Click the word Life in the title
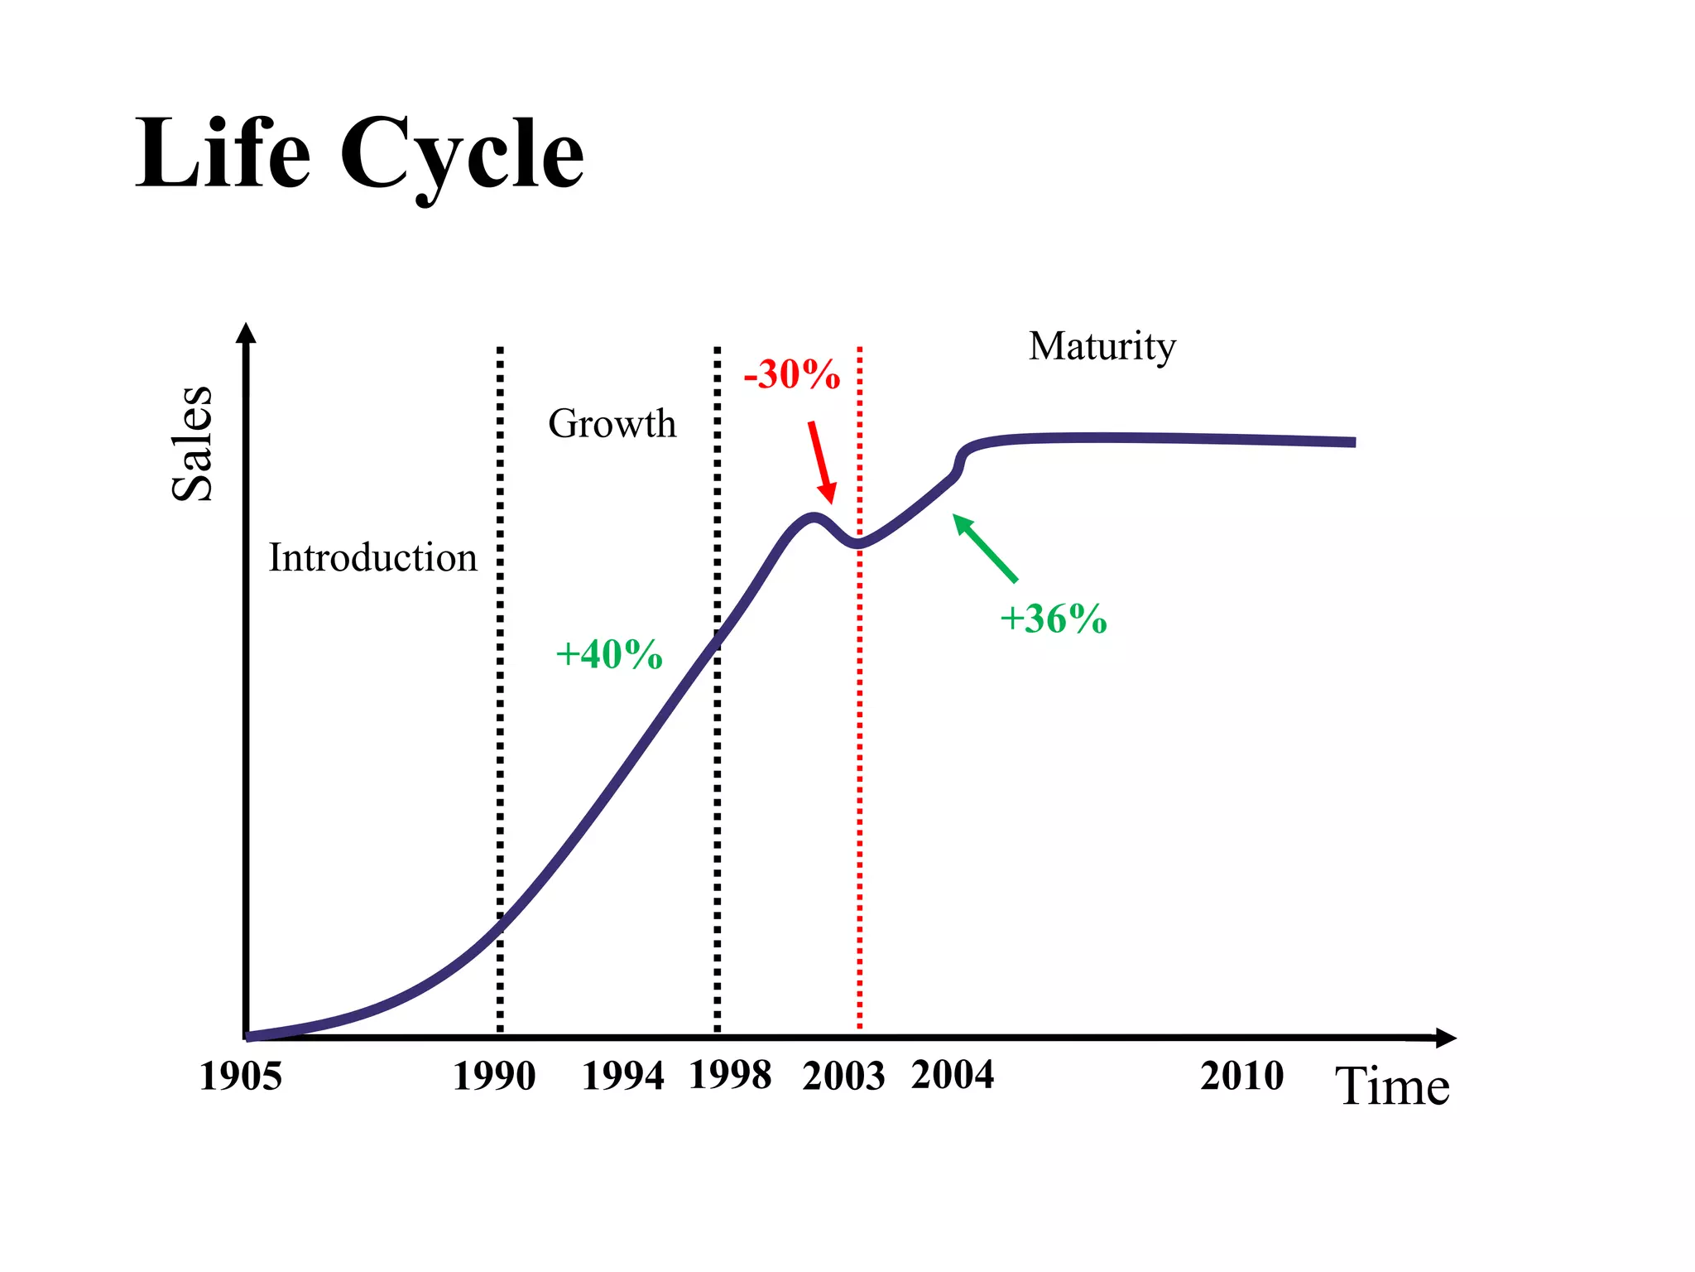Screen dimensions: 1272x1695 223,155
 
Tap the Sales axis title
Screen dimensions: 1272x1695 192,443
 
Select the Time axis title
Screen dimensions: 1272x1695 1392,1086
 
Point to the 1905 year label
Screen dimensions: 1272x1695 240,1077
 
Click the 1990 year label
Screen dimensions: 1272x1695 494,1077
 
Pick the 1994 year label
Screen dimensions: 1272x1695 622,1077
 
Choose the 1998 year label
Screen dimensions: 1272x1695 730,1076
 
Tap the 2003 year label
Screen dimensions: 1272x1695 843,1077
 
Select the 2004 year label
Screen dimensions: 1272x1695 952,1075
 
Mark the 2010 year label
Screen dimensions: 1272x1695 1241,1076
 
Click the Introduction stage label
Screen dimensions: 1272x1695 372,557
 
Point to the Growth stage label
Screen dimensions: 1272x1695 612,424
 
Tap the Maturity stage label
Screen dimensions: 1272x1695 1102,346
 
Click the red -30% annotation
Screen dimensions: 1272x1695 791,374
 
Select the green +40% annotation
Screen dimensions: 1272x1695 608,654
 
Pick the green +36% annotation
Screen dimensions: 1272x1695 1053,619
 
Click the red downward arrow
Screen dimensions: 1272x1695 822,462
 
